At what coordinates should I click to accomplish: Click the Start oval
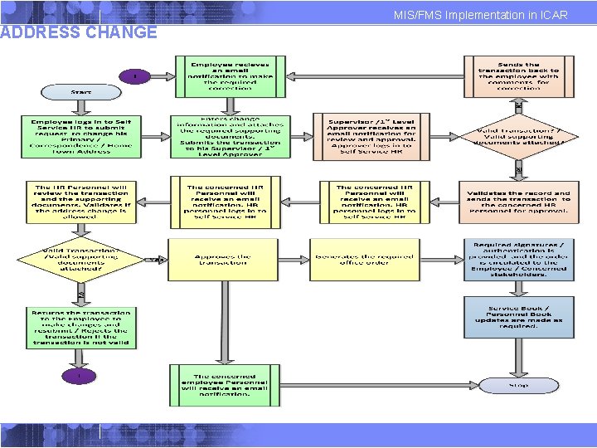click(x=81, y=91)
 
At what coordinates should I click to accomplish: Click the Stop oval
click(x=518, y=385)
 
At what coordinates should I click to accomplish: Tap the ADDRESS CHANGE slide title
click(x=79, y=32)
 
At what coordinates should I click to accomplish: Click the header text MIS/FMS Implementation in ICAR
click(x=481, y=15)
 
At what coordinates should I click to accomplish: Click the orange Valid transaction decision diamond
click(x=519, y=136)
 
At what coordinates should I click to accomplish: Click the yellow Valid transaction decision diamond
click(x=81, y=259)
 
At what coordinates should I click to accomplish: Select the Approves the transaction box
click(x=222, y=258)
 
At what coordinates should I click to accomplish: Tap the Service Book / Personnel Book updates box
click(x=518, y=316)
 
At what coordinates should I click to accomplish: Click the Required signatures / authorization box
click(x=518, y=258)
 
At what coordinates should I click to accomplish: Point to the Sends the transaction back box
click(x=518, y=75)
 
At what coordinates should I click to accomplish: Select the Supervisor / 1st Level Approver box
click(x=366, y=135)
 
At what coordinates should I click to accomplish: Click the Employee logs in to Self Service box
click(x=81, y=135)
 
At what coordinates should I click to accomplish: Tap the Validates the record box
click(x=518, y=199)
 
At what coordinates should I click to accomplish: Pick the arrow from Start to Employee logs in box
click(x=81, y=106)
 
